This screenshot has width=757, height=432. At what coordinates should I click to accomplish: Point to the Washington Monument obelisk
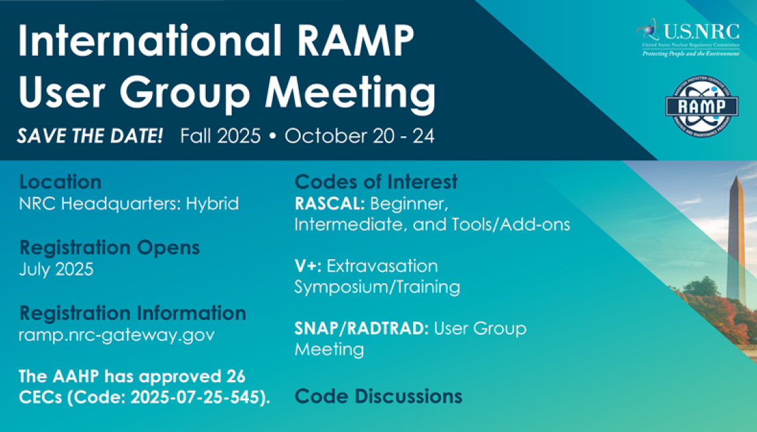(x=735, y=239)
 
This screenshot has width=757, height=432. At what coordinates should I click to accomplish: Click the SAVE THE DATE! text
(x=90, y=137)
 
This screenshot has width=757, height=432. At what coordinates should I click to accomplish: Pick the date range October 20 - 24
(x=359, y=137)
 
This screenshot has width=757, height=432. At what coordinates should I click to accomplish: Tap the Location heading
(x=60, y=182)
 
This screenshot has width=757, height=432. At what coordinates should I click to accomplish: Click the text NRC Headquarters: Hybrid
(x=129, y=203)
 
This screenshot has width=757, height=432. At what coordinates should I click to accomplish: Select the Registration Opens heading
(x=110, y=248)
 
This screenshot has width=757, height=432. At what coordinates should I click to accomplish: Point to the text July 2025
(x=56, y=270)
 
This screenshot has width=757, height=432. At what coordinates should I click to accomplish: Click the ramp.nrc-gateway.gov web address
(x=117, y=335)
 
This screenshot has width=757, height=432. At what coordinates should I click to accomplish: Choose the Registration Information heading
(x=133, y=313)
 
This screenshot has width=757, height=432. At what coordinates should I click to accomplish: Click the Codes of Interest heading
(x=376, y=181)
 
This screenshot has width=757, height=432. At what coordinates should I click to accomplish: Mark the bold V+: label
(x=308, y=267)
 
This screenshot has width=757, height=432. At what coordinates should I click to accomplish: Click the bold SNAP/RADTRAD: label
(x=361, y=328)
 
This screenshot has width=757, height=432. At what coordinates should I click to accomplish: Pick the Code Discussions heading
(x=378, y=396)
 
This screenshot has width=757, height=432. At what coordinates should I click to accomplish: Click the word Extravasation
(x=382, y=267)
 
